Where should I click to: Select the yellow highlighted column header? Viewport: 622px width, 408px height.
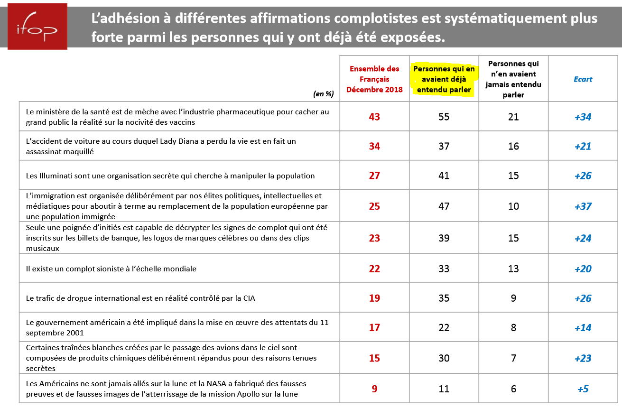click(x=444, y=79)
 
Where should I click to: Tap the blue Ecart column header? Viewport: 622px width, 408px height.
click(x=583, y=79)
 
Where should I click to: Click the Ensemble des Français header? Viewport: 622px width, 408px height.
click(x=374, y=79)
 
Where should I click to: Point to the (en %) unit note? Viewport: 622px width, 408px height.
click(x=324, y=94)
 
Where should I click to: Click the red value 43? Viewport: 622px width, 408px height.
click(x=374, y=117)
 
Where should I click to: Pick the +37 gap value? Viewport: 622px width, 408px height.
click(x=583, y=206)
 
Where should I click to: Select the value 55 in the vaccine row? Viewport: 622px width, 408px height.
click(x=444, y=117)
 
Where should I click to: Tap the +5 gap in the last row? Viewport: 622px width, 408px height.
click(x=583, y=389)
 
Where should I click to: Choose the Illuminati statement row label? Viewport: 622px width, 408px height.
click(x=170, y=176)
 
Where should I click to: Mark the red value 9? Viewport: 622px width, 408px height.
click(x=374, y=389)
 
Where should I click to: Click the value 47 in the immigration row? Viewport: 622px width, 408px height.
click(x=444, y=206)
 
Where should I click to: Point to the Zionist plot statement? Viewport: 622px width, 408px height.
click(x=111, y=269)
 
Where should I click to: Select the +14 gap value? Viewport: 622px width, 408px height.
click(x=583, y=328)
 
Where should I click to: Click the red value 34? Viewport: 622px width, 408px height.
click(x=374, y=146)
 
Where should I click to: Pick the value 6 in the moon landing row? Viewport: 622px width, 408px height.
click(x=513, y=389)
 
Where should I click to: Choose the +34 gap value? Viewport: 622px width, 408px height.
click(x=583, y=117)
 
